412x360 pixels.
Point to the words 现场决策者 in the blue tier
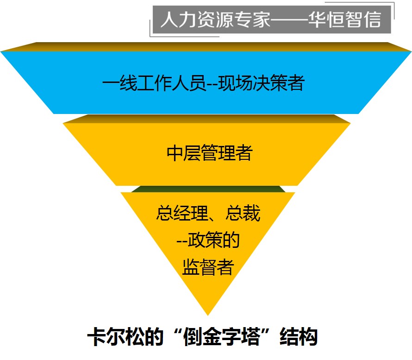click(x=262, y=84)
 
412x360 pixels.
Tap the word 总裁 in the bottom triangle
click(x=243, y=214)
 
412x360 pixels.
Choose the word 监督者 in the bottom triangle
click(x=208, y=267)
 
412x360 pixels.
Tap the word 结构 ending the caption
click(x=299, y=337)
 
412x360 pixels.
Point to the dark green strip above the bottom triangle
click(x=208, y=189)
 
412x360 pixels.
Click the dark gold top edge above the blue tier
click(x=206, y=46)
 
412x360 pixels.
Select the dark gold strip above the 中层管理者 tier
click(x=206, y=119)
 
